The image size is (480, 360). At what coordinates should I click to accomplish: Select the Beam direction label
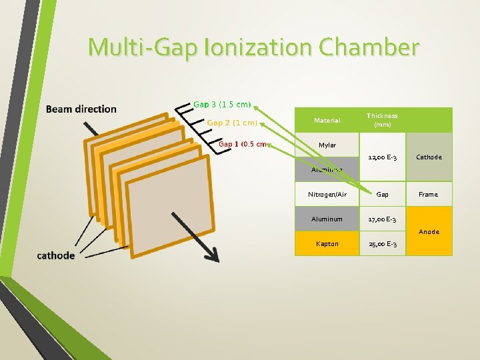[81, 109]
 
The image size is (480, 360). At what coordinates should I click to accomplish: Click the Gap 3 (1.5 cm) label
[222, 104]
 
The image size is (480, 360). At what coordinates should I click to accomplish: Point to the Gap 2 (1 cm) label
[232, 123]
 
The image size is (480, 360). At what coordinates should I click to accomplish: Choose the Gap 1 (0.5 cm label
[243, 143]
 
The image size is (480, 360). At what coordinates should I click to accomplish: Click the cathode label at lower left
[56, 255]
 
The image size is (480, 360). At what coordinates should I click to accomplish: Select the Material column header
[327, 121]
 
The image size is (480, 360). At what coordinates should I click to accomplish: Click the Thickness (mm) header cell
[382, 120]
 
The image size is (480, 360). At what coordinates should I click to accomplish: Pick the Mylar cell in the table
[327, 145]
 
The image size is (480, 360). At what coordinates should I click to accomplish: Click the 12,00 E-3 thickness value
[382, 157]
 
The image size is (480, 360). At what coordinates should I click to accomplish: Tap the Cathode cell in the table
[429, 157]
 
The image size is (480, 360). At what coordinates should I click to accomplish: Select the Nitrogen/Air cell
[327, 195]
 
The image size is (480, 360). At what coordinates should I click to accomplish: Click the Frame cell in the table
[429, 195]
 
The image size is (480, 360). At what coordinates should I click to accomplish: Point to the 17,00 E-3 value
[382, 219]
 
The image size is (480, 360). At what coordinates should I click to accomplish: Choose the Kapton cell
[327, 244]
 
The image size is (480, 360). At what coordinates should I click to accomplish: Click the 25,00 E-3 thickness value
[382, 244]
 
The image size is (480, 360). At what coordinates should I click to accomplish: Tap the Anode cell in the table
[429, 231]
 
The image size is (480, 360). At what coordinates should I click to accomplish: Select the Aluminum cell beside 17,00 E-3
[327, 219]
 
